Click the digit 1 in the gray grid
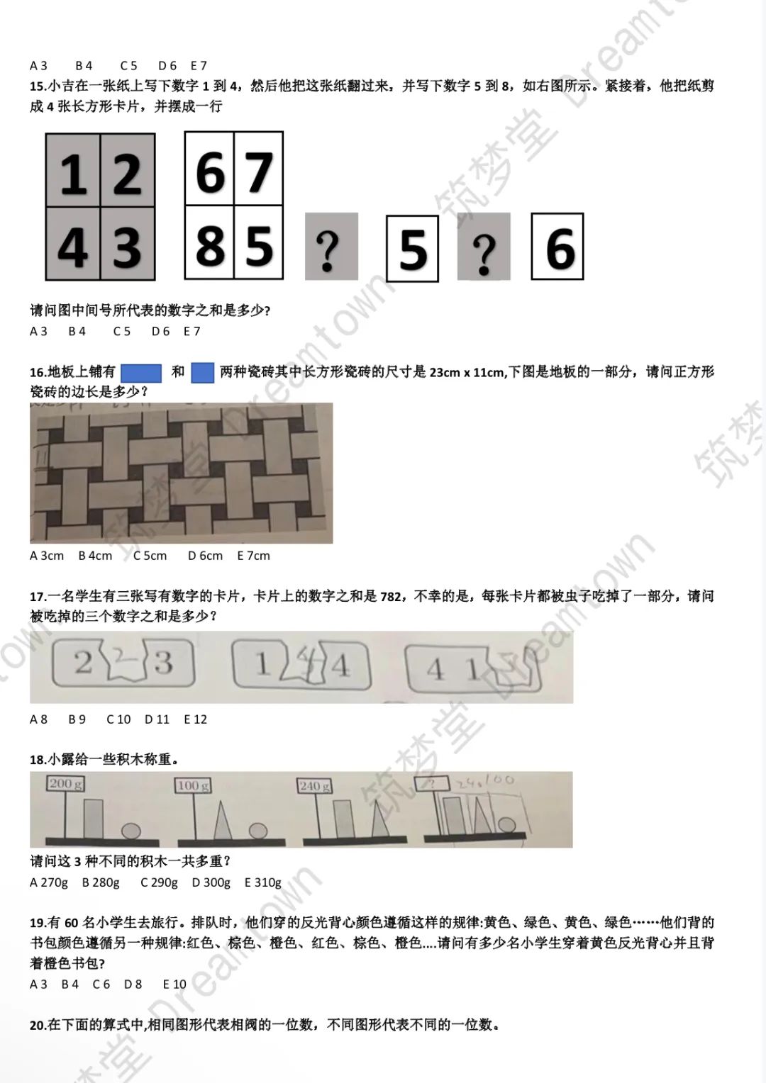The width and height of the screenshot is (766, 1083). pos(73,175)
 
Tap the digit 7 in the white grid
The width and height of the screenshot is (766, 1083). pos(258,172)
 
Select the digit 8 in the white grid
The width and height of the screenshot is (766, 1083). pos(210,246)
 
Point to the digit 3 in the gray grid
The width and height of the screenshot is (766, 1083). pos(127,247)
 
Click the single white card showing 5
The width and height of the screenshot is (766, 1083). pos(413,249)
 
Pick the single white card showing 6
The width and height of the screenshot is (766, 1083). pos(558,247)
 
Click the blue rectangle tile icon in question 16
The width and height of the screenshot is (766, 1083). pos(141,372)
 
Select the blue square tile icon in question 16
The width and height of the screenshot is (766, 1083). pos(203,372)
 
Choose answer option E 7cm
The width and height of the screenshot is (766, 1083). pos(253,556)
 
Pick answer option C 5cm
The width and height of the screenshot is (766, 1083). pos(150,556)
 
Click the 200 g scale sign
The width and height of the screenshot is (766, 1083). pos(65,783)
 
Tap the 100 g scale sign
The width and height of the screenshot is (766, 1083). pos(193,785)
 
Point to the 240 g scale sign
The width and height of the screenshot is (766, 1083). pos(314,786)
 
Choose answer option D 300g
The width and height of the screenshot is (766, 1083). pos(211,882)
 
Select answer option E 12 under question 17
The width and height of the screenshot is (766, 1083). pos(195,719)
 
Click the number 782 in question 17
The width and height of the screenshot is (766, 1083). pos(391,596)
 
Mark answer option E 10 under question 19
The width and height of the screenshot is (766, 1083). pos(174,984)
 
